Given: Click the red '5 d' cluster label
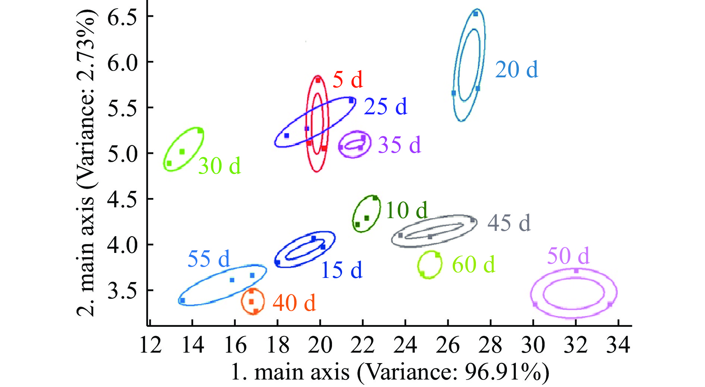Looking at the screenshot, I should pyautogui.click(x=347, y=80).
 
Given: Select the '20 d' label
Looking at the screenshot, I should pyautogui.click(x=517, y=70).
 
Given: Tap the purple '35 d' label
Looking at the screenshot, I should pyautogui.click(x=399, y=145).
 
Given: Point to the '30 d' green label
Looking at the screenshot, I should pyautogui.click(x=219, y=166).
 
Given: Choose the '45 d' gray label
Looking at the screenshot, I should pyautogui.click(x=509, y=223).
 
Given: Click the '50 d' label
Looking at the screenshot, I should pyautogui.click(x=568, y=256).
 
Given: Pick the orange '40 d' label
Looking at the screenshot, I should pyautogui.click(x=294, y=303).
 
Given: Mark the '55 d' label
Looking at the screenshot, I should pyautogui.click(x=209, y=259).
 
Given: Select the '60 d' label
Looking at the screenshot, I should pyautogui.click(x=473, y=265).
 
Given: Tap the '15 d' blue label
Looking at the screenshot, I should pyautogui.click(x=341, y=270).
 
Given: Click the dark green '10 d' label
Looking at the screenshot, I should pyautogui.click(x=406, y=210).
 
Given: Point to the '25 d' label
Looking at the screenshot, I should pyautogui.click(x=385, y=107).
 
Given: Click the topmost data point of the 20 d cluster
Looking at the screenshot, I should pyautogui.click(x=476, y=14).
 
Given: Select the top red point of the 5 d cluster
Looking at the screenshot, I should pyautogui.click(x=318, y=80).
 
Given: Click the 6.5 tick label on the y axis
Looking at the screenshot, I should pyautogui.click(x=122, y=17).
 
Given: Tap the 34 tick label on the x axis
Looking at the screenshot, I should pyautogui.click(x=618, y=345).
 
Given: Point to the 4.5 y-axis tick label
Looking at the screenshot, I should pyautogui.click(x=122, y=200).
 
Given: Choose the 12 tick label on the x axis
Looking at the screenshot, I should pyautogui.click(x=150, y=345).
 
